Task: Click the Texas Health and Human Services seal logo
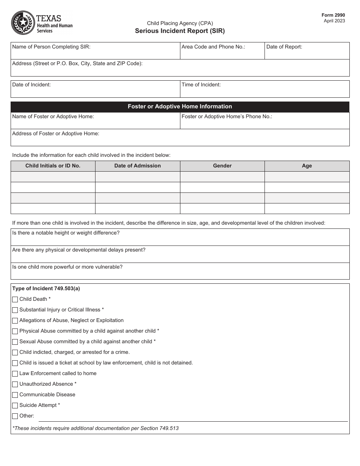click(23, 23)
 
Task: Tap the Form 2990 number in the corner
click(333, 15)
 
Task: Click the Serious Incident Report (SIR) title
click(180, 31)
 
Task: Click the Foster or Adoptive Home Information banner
click(180, 107)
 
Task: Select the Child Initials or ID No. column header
click(53, 166)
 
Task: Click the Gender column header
click(222, 166)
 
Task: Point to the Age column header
click(307, 166)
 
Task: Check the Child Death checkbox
click(15, 299)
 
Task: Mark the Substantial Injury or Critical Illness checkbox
click(15, 310)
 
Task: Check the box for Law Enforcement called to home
click(15, 374)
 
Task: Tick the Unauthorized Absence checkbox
click(15, 384)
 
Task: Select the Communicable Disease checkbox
click(15, 395)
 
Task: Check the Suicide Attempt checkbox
click(15, 405)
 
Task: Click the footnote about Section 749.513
click(95, 428)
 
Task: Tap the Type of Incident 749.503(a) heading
click(46, 289)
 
